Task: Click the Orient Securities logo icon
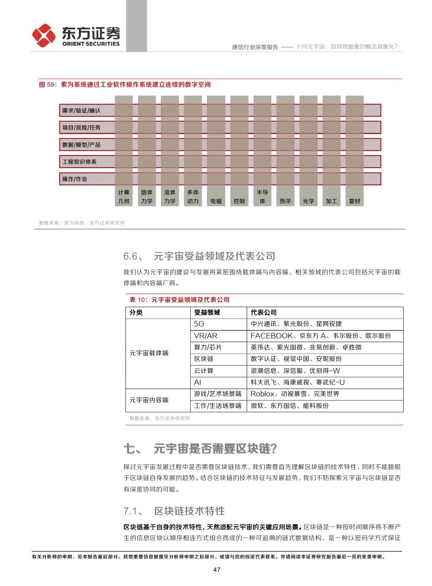pos(44,35)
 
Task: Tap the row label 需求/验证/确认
pos(81,110)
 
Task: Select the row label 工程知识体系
pos(79,162)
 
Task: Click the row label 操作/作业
pos(75,179)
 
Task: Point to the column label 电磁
pos(216,201)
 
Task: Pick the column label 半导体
pos(262,197)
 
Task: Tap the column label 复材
pos(354,201)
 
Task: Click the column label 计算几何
pos(124,197)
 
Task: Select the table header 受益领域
pos(207,312)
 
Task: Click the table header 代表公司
pos(263,312)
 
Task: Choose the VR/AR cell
pos(205,336)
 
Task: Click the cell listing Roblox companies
pos(295,394)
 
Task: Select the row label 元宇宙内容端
pos(149,400)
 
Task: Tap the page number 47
pos(216,569)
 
